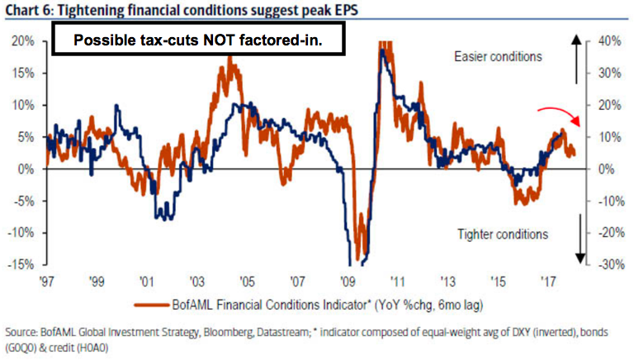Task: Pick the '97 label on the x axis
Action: [46, 282]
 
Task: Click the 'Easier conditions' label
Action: [498, 57]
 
